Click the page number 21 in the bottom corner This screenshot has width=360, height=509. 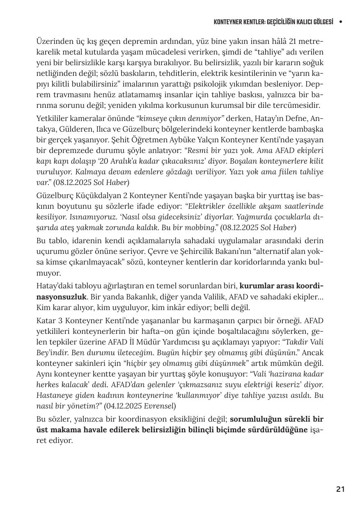point(340,489)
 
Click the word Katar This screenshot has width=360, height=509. point(46,321)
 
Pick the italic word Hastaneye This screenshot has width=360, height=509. point(55,395)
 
